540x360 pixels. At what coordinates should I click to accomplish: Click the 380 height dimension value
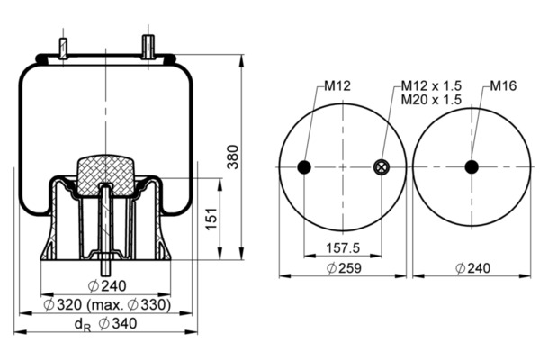[233, 157]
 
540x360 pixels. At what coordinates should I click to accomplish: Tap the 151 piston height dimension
[211, 219]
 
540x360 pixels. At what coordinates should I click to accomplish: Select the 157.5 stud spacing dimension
[343, 247]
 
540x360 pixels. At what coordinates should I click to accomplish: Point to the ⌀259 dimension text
[344, 268]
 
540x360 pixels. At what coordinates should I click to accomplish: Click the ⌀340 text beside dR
[117, 323]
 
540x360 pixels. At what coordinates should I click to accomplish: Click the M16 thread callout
[503, 85]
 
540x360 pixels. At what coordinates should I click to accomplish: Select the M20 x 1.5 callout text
[431, 100]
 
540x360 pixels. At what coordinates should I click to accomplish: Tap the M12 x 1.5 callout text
[431, 85]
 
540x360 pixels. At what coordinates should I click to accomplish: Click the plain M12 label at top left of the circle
[337, 85]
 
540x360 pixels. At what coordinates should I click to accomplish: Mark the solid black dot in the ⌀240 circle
[472, 167]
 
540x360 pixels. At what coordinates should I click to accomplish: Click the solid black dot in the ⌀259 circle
[304, 167]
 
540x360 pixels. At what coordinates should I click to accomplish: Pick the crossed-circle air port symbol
[381, 167]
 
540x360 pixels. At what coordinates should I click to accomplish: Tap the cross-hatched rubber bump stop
[105, 175]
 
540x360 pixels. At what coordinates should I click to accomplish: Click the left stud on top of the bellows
[63, 49]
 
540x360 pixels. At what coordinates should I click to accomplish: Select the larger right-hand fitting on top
[148, 47]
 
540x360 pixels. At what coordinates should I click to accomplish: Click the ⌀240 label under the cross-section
[107, 286]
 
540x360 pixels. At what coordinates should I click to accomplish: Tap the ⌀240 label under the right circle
[472, 268]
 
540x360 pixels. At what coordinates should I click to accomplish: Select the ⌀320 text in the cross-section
[63, 305]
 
